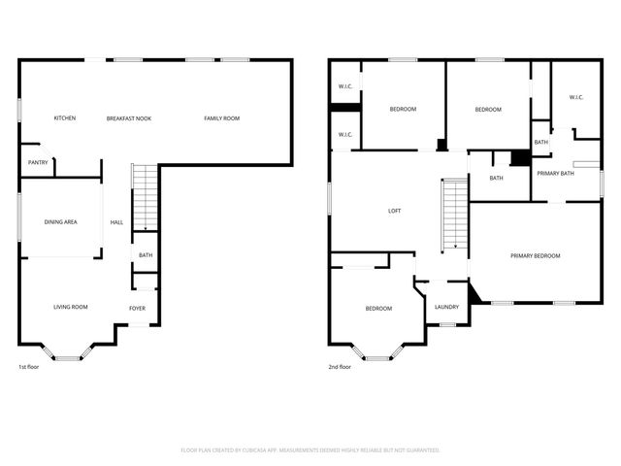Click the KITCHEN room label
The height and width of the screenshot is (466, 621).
65,118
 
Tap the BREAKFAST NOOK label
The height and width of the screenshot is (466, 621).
129,118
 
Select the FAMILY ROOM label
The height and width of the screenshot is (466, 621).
221,118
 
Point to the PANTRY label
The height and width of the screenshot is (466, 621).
38,162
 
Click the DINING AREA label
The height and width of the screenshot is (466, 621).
61,222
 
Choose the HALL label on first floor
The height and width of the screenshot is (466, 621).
116,222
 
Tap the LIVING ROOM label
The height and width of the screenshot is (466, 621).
70,307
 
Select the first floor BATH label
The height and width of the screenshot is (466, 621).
145,255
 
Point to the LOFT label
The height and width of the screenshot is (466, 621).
395,211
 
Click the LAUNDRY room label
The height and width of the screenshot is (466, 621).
446,308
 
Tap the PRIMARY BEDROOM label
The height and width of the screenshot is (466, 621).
536,255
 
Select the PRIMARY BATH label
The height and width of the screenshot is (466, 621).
555,173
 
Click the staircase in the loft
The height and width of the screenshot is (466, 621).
454,214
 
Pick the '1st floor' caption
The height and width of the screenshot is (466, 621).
30,367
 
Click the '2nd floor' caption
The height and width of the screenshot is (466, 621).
340,367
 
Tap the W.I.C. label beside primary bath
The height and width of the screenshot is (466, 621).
575,97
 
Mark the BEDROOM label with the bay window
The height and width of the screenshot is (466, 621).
378,309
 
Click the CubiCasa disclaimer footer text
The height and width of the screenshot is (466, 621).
310,450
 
